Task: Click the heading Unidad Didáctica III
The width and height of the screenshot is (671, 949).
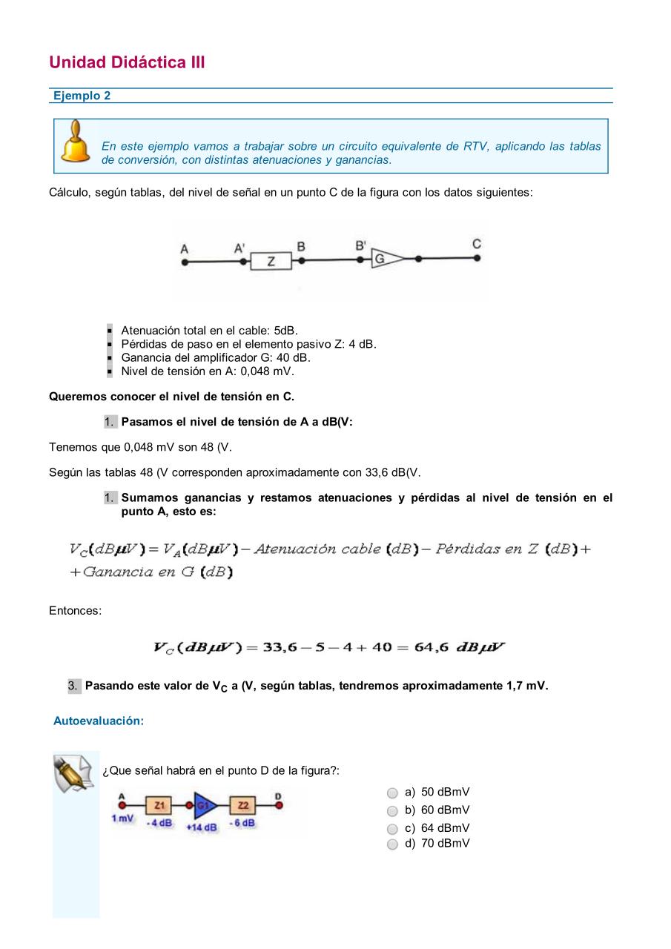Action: [127, 62]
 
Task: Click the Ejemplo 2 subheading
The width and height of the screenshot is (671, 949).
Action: [82, 96]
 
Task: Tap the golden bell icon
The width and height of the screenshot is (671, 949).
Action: [76, 143]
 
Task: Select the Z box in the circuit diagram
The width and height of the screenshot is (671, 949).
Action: [271, 261]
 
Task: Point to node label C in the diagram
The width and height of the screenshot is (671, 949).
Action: [477, 244]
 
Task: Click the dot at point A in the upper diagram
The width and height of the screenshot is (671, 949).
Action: [185, 262]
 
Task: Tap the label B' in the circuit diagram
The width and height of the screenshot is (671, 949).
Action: [360, 245]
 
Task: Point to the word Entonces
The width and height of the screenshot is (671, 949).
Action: [75, 610]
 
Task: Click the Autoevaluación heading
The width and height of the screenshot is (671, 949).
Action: [99, 721]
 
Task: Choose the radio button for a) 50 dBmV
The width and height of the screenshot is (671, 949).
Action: [393, 793]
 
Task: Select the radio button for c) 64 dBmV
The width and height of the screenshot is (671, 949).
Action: [393, 829]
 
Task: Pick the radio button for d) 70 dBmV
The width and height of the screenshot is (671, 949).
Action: [393, 844]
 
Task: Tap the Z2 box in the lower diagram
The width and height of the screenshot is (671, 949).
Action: [243, 805]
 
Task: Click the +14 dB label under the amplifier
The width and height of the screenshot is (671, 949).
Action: [202, 827]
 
